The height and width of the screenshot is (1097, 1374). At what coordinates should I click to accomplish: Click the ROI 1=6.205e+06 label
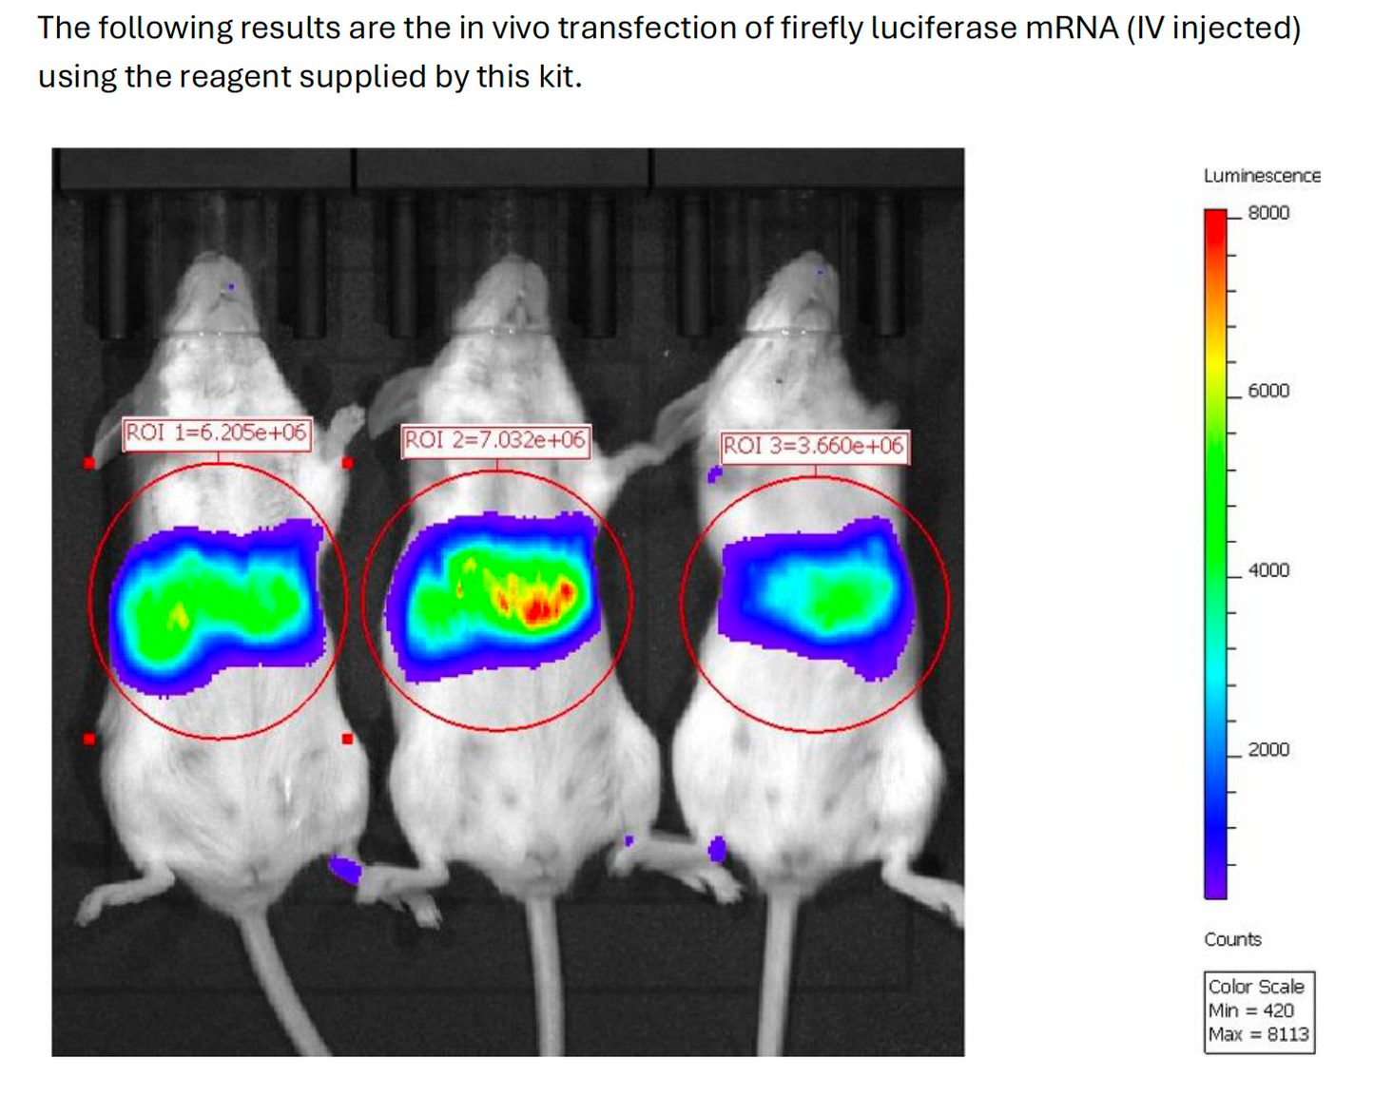coord(217,433)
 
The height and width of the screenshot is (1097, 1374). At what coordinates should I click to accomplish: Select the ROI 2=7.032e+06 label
coord(495,440)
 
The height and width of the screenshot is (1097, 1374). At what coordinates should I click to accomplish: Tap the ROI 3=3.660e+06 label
coord(813,446)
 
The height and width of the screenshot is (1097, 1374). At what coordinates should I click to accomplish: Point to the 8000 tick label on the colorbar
coord(1268,213)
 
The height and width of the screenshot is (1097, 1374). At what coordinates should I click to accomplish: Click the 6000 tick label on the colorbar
coord(1268,391)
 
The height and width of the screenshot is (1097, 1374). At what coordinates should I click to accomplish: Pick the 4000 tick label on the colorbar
coord(1268,570)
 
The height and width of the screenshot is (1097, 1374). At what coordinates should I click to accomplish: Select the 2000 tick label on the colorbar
coord(1268,750)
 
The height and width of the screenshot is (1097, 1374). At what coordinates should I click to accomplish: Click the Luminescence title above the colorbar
coord(1262,176)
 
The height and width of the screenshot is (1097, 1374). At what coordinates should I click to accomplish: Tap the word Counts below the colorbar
coord(1232,939)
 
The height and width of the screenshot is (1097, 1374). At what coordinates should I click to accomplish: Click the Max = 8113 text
coord(1258,1034)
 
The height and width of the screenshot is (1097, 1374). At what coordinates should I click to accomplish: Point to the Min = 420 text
coord(1250,1010)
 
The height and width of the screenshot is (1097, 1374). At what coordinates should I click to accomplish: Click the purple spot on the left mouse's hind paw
coord(344,869)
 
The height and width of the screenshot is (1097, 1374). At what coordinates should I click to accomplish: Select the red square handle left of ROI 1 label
coord(89,463)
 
